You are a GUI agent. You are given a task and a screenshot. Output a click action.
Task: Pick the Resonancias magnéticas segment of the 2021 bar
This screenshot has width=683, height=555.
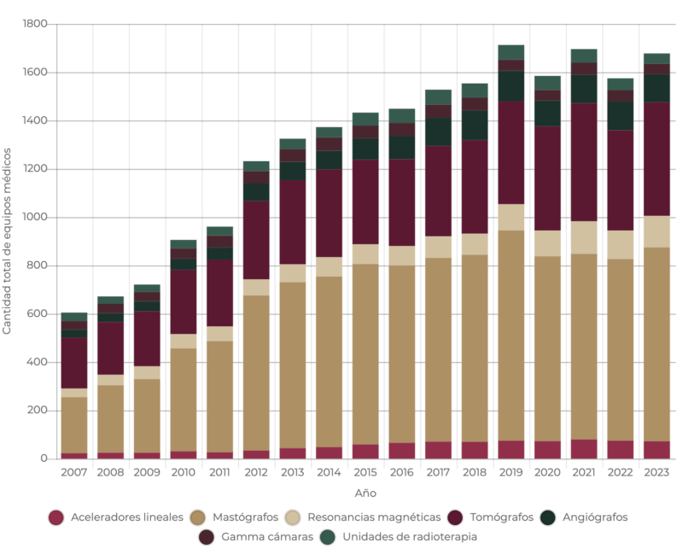point(584,237)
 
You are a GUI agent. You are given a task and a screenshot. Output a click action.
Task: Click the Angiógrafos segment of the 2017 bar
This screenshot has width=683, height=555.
point(438,131)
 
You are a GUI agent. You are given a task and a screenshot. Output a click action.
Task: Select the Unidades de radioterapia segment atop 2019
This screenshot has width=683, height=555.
point(511,52)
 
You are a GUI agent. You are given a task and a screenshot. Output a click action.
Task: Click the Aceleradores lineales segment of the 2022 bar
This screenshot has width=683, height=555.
point(621,450)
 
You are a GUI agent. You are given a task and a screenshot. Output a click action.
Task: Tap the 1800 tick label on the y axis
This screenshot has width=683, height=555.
point(34,24)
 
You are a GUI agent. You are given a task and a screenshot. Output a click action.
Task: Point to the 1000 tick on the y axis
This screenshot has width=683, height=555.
point(34,218)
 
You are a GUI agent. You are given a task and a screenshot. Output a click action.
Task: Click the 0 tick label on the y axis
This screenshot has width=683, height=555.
point(43,459)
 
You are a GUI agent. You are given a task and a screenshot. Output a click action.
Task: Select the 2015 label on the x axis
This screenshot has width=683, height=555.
point(365,472)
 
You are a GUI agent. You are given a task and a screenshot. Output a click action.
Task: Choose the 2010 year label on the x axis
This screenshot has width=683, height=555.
point(184,472)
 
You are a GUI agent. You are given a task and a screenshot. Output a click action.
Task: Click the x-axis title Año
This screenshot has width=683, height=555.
point(365,494)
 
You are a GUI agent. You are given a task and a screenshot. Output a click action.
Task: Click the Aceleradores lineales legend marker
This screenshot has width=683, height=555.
point(56,517)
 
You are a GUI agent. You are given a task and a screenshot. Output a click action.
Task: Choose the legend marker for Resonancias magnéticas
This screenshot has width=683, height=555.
point(292,517)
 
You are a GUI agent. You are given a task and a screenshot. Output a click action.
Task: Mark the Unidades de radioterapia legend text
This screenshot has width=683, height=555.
point(409,537)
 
